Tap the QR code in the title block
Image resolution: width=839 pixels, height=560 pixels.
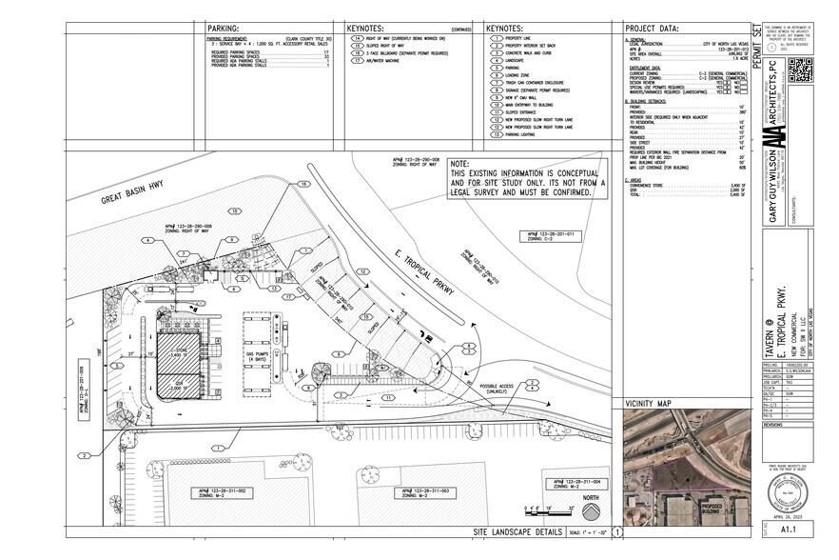click(x=800, y=70)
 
